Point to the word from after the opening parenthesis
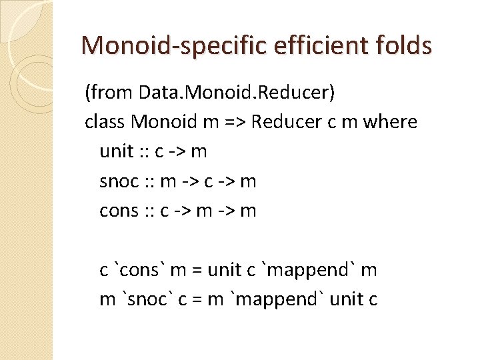click(109, 93)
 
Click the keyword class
click(105, 122)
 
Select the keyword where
click(389, 122)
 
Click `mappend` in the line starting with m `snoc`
click(274, 299)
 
